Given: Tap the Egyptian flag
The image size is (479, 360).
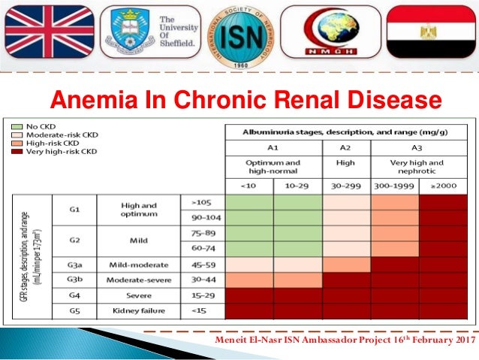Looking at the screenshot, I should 431,35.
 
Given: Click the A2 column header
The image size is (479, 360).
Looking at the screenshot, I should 346,147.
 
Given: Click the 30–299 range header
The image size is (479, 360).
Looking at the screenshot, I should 346,186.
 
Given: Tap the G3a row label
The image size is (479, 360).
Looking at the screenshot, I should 74,265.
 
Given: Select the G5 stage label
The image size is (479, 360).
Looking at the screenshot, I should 74,310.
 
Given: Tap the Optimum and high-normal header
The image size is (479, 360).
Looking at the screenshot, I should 273,166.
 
